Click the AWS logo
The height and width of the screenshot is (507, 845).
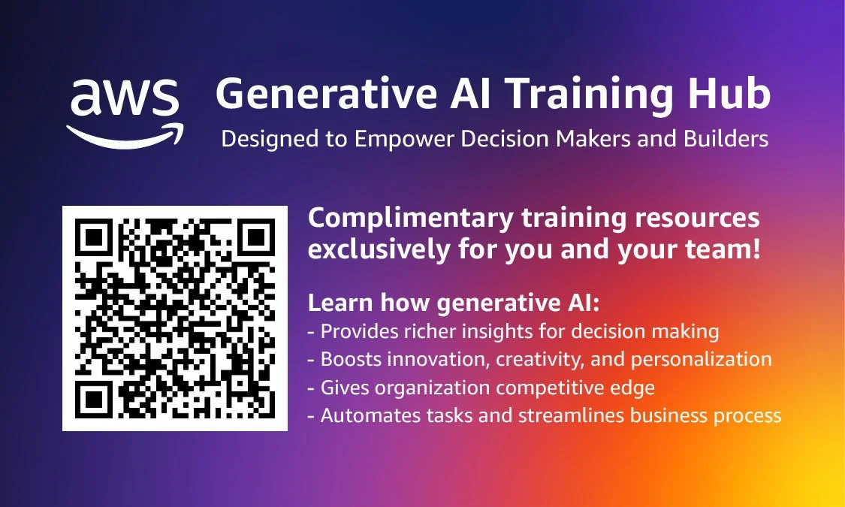[x=125, y=112]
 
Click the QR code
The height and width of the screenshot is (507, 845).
[x=175, y=318]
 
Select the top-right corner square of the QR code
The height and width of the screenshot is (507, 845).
[x=255, y=239]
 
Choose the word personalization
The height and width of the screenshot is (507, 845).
[x=701, y=360]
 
